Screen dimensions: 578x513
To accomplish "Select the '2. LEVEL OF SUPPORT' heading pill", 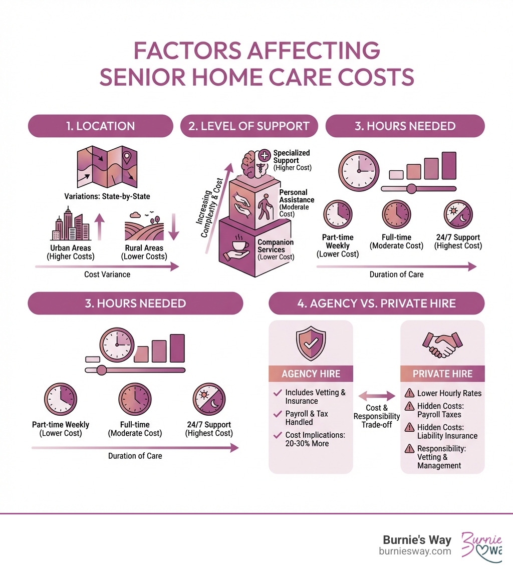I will tap(249, 126).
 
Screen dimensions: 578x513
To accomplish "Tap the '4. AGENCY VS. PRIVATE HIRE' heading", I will tap(376, 303).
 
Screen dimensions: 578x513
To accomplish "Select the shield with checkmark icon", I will tap(311, 344).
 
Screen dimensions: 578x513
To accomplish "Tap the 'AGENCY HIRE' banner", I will tap(311, 374).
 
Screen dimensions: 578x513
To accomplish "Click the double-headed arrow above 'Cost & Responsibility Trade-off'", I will tap(376, 396).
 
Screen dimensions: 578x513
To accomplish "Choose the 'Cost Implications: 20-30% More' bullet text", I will tap(315, 439).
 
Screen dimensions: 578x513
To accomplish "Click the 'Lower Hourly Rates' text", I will tap(449, 393).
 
